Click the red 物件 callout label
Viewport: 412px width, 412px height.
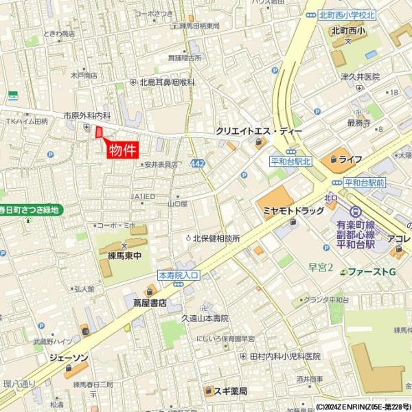point(124,150)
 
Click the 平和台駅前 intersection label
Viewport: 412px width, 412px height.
point(365,183)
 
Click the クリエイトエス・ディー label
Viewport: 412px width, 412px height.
point(255,130)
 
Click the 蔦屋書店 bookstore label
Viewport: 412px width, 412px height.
point(149,301)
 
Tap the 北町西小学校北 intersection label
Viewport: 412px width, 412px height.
point(347,14)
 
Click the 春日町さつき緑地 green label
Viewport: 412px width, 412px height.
point(30,210)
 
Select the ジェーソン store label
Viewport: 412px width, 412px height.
point(68,358)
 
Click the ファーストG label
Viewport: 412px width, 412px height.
point(371,272)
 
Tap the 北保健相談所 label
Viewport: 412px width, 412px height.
point(216,238)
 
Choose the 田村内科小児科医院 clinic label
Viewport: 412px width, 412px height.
point(284,356)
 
